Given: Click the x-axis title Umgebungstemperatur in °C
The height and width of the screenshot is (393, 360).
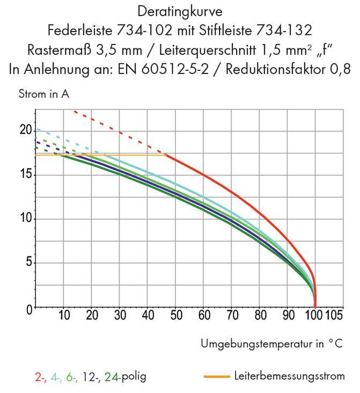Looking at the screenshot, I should click(x=271, y=343).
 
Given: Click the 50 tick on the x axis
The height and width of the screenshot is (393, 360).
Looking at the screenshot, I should click(x=176, y=316).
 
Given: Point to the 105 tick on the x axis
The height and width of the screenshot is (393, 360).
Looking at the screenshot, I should click(x=334, y=316).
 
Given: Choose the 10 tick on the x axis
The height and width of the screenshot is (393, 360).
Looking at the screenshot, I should click(x=64, y=316).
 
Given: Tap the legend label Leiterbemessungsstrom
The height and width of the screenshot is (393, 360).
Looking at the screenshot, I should click(x=290, y=376).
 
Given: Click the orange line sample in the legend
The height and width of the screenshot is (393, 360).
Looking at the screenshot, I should click(x=217, y=376).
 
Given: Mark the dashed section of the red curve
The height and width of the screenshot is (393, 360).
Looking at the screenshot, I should click(x=118, y=132).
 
